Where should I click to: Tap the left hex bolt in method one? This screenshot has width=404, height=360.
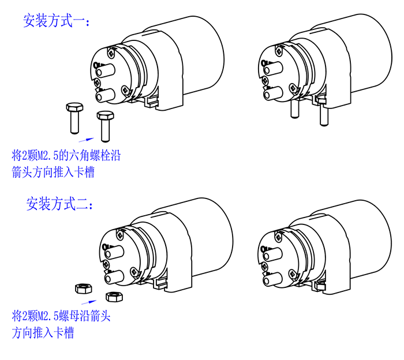pyautogui.click(x=74, y=118)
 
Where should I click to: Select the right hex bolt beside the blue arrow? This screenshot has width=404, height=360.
pyautogui.click(x=105, y=126)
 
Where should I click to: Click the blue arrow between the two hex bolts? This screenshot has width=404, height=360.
pyautogui.click(x=86, y=140)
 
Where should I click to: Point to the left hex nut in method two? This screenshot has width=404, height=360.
pyautogui.click(x=83, y=288)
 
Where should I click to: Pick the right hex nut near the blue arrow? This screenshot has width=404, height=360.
pyautogui.click(x=114, y=297)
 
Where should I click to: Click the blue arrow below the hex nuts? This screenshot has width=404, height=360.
pyautogui.click(x=89, y=302)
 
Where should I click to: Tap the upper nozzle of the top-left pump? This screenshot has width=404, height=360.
pyautogui.click(x=105, y=70)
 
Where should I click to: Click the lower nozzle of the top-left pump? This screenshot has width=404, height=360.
pyautogui.click(x=106, y=95)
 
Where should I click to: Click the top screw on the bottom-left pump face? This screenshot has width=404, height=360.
pyautogui.click(x=120, y=234)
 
